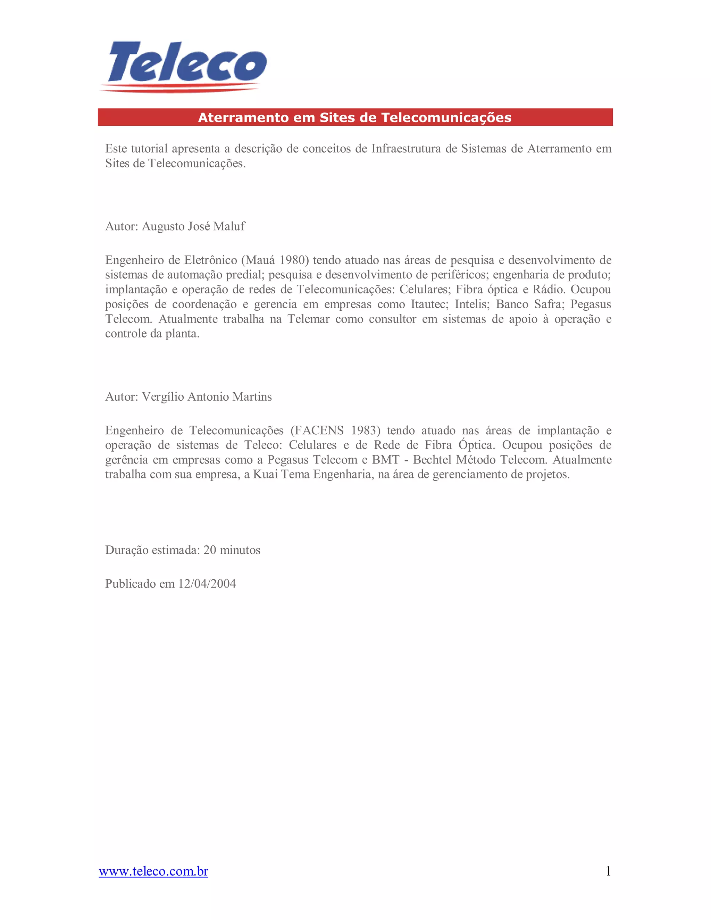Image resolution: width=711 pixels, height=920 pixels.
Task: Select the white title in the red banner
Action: pos(355,118)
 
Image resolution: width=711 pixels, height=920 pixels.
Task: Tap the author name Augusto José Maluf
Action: pos(193,227)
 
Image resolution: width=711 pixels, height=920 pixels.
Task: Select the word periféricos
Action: pos(460,275)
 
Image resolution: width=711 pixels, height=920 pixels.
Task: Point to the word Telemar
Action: pos(308,319)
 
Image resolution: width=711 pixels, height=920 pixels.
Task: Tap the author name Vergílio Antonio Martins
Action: pos(207,397)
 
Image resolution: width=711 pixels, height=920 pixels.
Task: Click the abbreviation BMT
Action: pos(385,460)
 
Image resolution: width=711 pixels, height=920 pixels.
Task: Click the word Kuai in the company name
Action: pos(265,475)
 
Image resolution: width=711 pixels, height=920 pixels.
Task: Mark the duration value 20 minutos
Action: pos(232,550)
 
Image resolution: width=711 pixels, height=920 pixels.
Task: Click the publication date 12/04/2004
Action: pos(207,584)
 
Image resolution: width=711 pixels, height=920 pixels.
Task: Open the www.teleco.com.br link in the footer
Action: pos(153,871)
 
